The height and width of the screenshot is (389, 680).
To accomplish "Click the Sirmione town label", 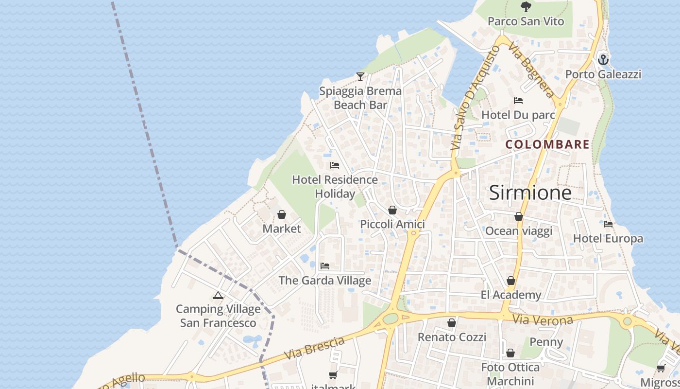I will [530, 193].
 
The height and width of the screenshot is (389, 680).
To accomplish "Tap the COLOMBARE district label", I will [547, 144].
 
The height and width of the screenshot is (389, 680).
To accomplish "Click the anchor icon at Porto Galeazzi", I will [603, 60].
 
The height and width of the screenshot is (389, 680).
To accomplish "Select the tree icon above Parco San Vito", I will [526, 7].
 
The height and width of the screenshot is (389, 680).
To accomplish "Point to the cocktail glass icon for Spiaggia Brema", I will [360, 77].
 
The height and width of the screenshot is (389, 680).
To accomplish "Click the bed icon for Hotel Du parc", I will [518, 101].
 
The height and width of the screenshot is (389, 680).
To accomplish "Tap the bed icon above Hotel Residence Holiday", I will [335, 165].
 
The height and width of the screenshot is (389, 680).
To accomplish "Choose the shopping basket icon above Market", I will [282, 214].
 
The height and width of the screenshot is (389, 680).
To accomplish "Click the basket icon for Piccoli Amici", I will [392, 210].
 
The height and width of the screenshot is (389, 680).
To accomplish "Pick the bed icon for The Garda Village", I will [325, 266].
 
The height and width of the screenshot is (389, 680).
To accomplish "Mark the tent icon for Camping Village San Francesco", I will [218, 295].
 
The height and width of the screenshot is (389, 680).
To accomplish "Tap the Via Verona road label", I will [543, 320].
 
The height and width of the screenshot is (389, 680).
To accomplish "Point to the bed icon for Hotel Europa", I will [608, 224].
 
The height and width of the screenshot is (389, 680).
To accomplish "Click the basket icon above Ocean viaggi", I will [519, 216].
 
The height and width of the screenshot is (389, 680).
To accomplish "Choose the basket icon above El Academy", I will [511, 281].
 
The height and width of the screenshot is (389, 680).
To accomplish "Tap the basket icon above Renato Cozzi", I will [452, 323].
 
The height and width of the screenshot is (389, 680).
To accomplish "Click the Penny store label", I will [546, 342].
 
